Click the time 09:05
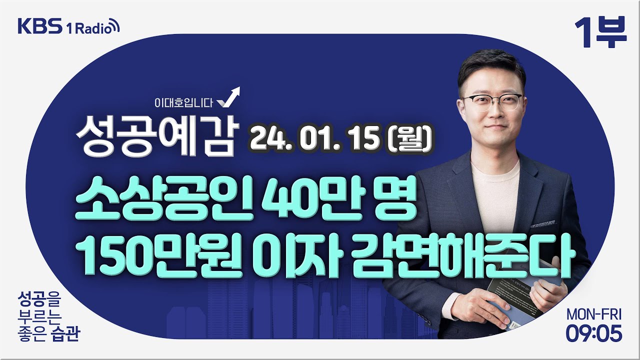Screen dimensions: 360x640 (x=594, y=333)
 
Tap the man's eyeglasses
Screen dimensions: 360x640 (x=490, y=100)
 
